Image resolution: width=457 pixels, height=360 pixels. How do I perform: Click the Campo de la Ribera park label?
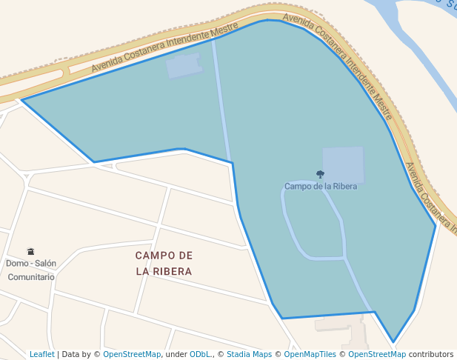pos(321,187)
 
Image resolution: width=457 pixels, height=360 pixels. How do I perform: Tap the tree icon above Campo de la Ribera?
pos(320,175)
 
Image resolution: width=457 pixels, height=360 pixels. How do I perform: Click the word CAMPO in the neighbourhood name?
pos(154,256)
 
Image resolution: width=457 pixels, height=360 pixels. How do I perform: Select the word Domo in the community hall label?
pos(17,263)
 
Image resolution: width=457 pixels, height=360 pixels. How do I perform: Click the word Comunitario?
pos(31,277)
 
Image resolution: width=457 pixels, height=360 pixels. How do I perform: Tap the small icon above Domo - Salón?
pos(30,252)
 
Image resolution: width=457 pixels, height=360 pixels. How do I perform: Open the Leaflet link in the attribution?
pos(41,355)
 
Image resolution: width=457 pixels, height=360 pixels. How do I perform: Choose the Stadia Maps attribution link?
pos(249,355)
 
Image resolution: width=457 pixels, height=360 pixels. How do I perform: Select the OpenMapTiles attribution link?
pos(310,355)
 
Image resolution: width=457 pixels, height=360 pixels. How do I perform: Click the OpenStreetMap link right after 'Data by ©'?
pos(131,355)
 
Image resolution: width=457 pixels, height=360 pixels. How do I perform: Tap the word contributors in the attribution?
pos(431,355)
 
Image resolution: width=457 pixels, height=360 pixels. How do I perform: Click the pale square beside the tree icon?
pos(343,164)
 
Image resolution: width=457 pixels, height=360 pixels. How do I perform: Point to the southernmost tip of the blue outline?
pos(393,342)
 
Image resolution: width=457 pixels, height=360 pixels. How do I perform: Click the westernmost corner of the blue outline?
pos(22,99)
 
